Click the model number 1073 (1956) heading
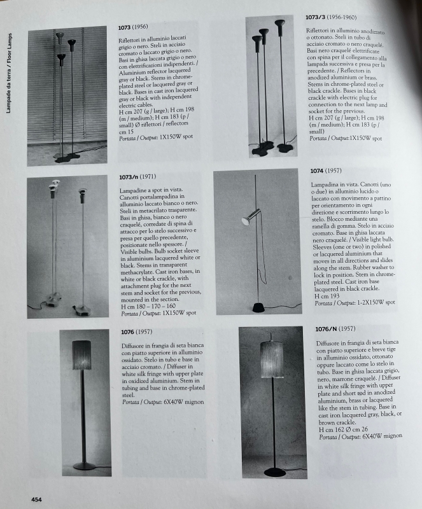tap(134, 28)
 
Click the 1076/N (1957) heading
tap(335, 329)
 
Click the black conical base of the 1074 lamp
tap(260, 308)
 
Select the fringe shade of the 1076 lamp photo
tap(81, 354)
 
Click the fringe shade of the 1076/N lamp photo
tap(272, 360)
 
